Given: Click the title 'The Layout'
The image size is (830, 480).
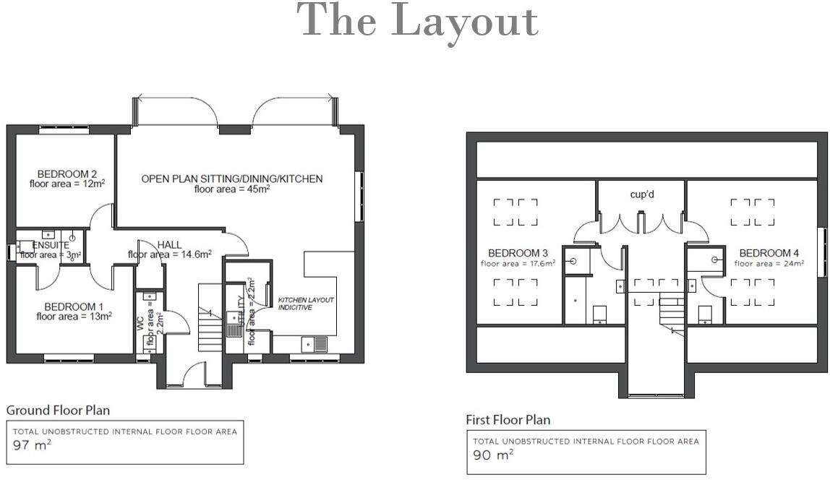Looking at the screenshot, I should click(x=418, y=22).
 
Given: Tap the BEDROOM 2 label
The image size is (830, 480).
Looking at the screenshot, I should click(x=67, y=174).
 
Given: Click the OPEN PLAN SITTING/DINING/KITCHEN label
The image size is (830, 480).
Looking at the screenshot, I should click(x=231, y=179).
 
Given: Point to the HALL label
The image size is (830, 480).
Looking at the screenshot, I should click(x=169, y=244).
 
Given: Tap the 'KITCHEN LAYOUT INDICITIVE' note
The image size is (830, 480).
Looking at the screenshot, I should click(x=307, y=304).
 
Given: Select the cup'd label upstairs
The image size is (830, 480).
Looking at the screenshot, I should click(x=642, y=195).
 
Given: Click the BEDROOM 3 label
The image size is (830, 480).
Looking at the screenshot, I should click(x=518, y=253).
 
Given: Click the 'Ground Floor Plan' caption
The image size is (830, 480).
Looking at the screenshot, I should click(x=58, y=410).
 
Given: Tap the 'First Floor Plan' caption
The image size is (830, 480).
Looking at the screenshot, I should click(x=508, y=419).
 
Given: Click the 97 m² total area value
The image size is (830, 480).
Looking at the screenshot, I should click(x=33, y=445).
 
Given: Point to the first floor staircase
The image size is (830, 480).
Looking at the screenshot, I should click(x=671, y=312).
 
